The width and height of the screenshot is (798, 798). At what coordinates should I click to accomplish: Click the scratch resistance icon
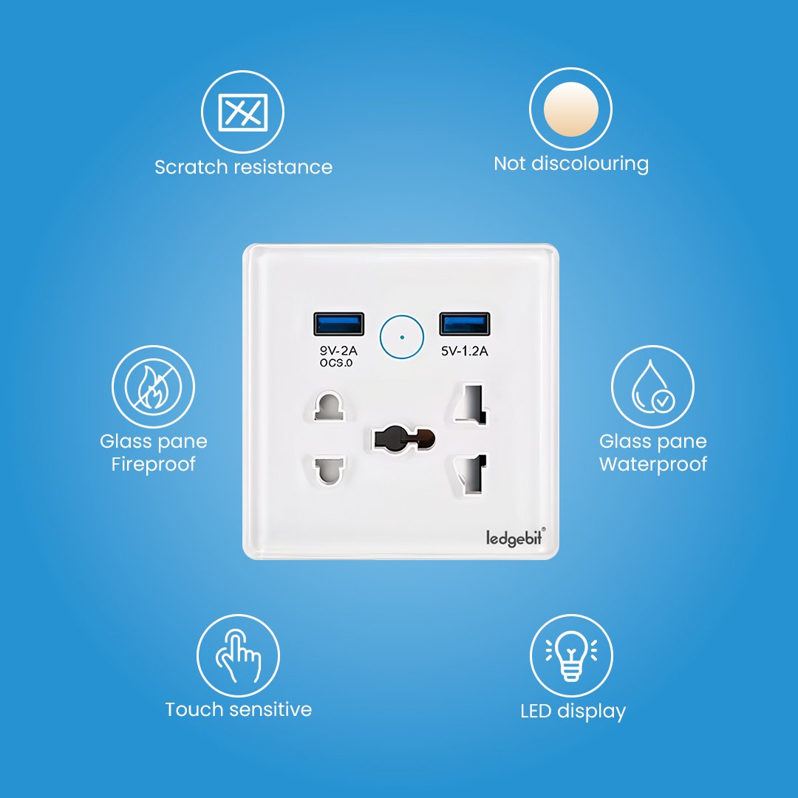(x=243, y=112)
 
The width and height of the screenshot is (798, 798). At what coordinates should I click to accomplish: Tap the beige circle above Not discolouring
(x=571, y=109)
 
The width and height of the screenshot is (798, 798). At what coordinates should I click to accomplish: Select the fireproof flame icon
(x=153, y=386)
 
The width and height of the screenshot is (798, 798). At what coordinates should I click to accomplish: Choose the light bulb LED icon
(x=571, y=655)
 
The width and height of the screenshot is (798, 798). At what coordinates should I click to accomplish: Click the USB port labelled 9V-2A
(x=338, y=324)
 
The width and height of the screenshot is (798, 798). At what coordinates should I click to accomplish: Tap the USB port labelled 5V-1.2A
(x=465, y=324)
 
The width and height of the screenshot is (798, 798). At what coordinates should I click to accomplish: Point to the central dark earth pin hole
(x=404, y=439)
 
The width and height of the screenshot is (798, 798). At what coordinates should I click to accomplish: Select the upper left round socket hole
(x=330, y=406)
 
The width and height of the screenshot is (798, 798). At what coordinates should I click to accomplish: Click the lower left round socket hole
(x=330, y=470)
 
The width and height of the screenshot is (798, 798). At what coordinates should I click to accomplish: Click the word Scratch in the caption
(x=191, y=167)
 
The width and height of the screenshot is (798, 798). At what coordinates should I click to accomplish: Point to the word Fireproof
(x=153, y=464)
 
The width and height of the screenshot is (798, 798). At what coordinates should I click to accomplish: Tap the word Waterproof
(x=653, y=464)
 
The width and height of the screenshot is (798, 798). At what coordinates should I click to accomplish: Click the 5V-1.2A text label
(x=465, y=351)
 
